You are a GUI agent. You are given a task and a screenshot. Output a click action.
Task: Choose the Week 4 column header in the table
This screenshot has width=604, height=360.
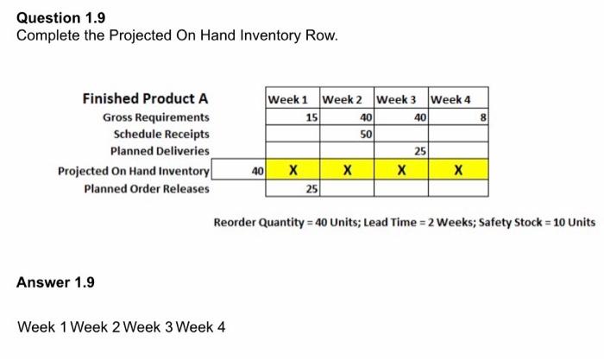pos(450,98)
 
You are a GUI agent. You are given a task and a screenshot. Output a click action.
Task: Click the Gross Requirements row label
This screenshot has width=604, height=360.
pos(155,117)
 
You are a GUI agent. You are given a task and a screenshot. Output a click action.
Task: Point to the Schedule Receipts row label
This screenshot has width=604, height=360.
pos(161,134)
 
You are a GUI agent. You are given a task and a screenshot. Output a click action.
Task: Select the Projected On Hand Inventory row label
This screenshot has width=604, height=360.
pos(133,169)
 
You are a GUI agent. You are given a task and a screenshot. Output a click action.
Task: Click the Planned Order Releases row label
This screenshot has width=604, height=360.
pos(146,187)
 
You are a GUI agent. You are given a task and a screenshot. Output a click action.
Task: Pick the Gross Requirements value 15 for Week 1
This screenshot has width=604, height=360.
pos(311,117)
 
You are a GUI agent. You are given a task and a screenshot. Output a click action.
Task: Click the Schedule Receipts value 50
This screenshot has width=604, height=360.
pos(366,135)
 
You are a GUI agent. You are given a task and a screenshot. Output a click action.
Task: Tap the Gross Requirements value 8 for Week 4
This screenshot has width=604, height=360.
pos(485,117)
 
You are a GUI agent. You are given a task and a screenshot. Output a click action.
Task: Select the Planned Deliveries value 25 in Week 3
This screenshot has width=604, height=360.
pos(420,152)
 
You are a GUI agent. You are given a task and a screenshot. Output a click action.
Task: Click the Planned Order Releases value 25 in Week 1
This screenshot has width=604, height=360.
pos(311,187)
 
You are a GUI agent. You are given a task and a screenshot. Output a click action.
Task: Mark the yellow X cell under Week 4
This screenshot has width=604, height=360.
pos(458,170)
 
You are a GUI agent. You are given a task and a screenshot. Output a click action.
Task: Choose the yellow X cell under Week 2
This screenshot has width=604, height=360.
pos(347,170)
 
